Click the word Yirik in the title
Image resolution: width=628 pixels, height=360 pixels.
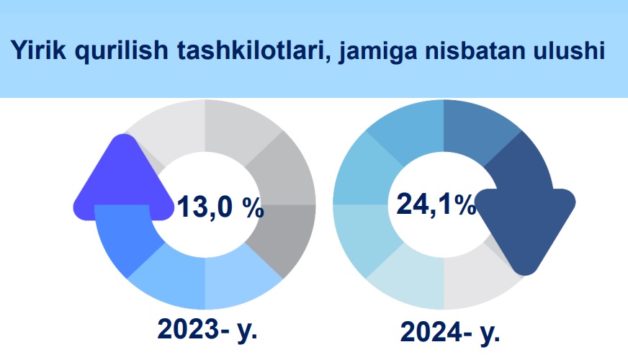(38, 50)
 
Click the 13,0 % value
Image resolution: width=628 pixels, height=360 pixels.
(220, 207)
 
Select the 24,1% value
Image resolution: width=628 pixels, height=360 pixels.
(436, 204)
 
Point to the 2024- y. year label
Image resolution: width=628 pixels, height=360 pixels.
(450, 333)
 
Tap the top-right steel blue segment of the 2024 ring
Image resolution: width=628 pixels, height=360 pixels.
(479, 127)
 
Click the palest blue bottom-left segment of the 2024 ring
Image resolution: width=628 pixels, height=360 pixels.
(408, 282)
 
